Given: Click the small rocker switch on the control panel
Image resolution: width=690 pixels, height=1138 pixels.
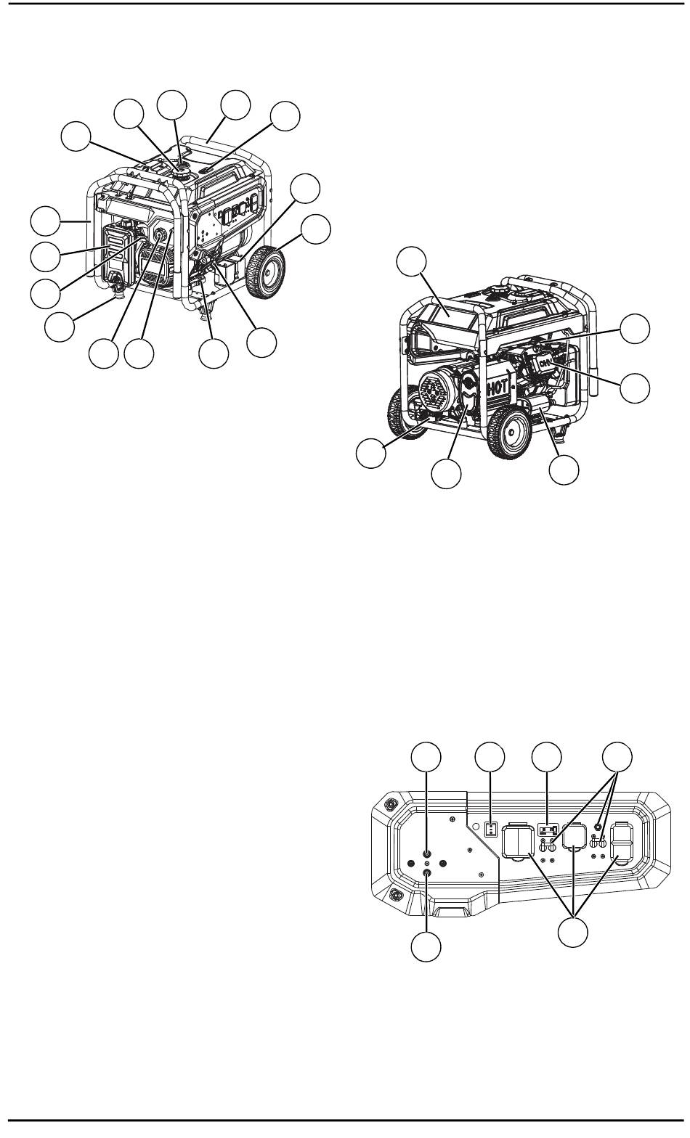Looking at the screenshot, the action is pos(491,828).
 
